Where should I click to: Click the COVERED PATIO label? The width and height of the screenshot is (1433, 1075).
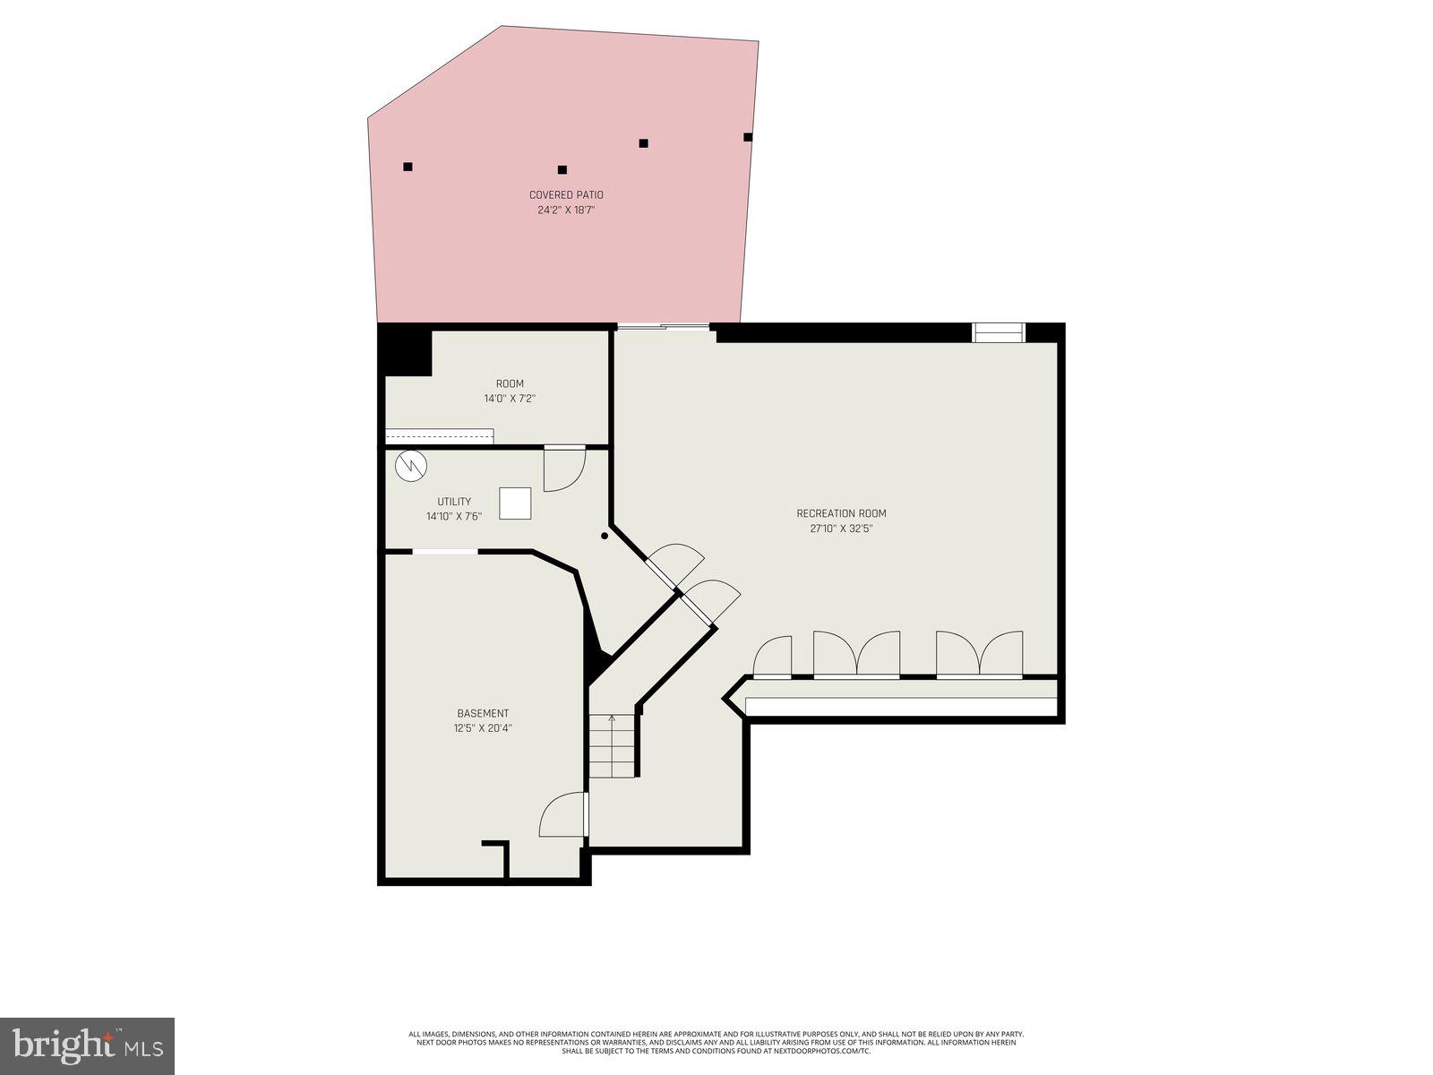click(x=566, y=194)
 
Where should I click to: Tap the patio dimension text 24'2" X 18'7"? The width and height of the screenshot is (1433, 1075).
click(x=566, y=211)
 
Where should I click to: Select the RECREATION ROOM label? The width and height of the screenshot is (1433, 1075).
click(x=841, y=513)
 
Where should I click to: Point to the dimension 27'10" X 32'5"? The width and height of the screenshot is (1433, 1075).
click(x=841, y=529)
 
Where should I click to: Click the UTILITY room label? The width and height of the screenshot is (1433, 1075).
click(x=454, y=502)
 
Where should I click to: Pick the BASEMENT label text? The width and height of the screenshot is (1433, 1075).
click(x=483, y=713)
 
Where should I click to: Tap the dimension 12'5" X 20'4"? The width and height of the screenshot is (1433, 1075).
click(x=483, y=728)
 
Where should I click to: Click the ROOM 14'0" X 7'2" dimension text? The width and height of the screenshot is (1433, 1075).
click(x=510, y=399)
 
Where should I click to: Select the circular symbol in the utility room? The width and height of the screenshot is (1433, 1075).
click(x=412, y=465)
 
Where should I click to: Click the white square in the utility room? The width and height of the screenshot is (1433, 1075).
click(x=515, y=503)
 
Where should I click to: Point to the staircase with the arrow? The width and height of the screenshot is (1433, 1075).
click(x=613, y=745)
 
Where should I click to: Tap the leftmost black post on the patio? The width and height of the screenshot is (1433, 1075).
click(x=408, y=167)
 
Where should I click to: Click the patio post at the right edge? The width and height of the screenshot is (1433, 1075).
click(x=748, y=137)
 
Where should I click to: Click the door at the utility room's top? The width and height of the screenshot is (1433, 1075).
click(x=564, y=468)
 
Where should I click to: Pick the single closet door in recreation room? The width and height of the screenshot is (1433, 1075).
click(x=773, y=656)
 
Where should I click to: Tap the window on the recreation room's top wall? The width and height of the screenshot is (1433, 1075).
click(x=999, y=332)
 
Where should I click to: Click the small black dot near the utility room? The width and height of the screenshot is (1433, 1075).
click(x=605, y=536)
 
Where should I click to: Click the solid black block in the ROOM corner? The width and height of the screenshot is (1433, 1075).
click(x=406, y=351)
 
